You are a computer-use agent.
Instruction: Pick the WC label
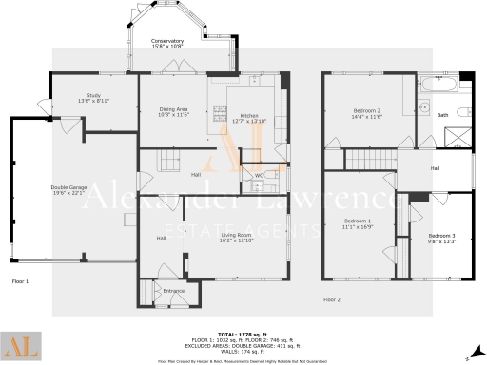point(259,175)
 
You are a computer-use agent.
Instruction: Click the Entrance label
point(173,291)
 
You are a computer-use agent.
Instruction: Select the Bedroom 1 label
point(357,224)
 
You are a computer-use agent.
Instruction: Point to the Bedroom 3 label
point(441,238)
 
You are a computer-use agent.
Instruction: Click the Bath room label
point(442,116)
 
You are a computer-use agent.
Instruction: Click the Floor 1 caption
point(21,281)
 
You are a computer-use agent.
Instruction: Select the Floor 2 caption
point(331,299)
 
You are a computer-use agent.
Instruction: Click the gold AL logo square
point(22,347)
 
